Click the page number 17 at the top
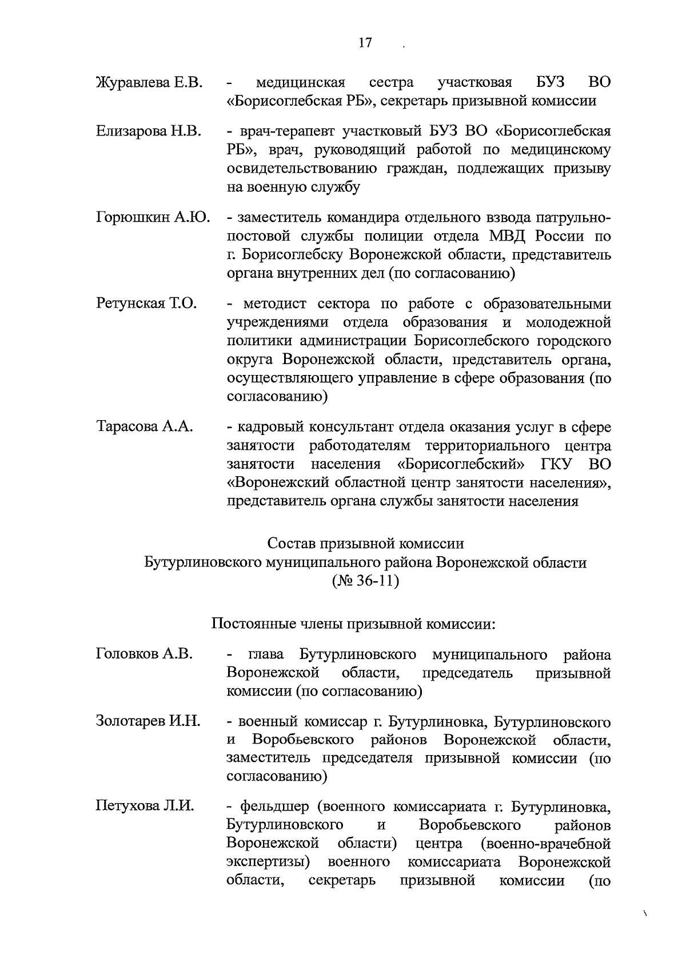coord(365,43)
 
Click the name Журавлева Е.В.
coord(149,83)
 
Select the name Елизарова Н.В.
coord(148,132)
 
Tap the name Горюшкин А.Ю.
coord(153,218)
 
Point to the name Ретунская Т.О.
coord(146,304)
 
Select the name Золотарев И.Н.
coord(147,721)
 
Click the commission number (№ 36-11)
coord(365,582)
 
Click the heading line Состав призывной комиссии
coord(365,544)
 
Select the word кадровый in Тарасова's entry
coord(270,427)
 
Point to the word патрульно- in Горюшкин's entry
coord(573,218)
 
